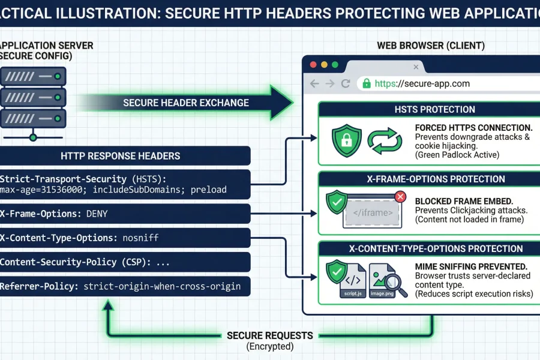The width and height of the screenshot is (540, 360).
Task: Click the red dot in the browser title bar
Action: tap(313, 65)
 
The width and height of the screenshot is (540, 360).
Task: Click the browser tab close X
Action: tap(415, 67)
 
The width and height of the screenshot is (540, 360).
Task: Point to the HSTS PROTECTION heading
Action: tap(427, 110)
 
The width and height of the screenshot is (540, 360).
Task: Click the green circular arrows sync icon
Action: tap(384, 141)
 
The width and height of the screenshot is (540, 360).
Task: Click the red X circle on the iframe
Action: tap(401, 196)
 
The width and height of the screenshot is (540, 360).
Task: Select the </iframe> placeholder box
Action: tap(372, 212)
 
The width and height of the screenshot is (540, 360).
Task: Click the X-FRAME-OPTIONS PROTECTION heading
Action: tap(427, 179)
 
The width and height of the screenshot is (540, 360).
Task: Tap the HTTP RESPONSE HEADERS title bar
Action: tap(120, 155)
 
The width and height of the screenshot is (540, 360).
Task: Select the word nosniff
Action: tap(140, 238)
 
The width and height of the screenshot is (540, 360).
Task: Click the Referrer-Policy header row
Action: tap(120, 286)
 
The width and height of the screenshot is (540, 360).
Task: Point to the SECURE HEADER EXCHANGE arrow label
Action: tap(186, 103)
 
